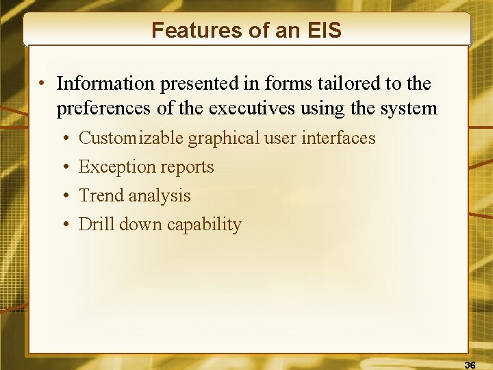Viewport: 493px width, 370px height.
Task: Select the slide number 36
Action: [470, 364]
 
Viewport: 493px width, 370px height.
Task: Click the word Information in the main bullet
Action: [105, 84]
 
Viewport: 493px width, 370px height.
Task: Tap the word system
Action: [409, 108]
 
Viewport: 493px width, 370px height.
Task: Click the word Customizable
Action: [131, 138]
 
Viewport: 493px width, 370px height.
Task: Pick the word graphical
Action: [224, 138]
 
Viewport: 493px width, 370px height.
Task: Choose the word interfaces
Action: [338, 138]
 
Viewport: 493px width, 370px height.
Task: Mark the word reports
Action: [188, 167]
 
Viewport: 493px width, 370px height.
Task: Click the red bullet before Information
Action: [42, 84]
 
